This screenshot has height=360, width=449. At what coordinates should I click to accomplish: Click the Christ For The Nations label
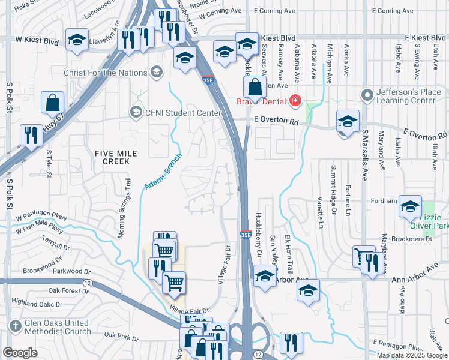105,73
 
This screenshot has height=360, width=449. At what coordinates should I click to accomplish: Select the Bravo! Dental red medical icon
295,100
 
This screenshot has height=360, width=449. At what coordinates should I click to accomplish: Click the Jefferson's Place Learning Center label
406,96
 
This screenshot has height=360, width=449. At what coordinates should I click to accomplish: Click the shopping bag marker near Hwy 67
53,102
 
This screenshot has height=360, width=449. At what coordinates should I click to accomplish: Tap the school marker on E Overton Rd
348,121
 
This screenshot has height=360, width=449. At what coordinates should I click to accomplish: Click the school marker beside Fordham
411,208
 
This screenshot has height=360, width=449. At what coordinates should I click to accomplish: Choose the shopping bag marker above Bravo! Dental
255,86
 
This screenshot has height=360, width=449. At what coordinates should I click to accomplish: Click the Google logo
20,353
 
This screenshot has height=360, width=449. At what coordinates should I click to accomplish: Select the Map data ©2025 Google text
411,355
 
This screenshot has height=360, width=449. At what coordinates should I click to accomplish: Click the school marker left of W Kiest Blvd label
77,40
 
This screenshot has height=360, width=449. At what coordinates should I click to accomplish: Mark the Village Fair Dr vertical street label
227,264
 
